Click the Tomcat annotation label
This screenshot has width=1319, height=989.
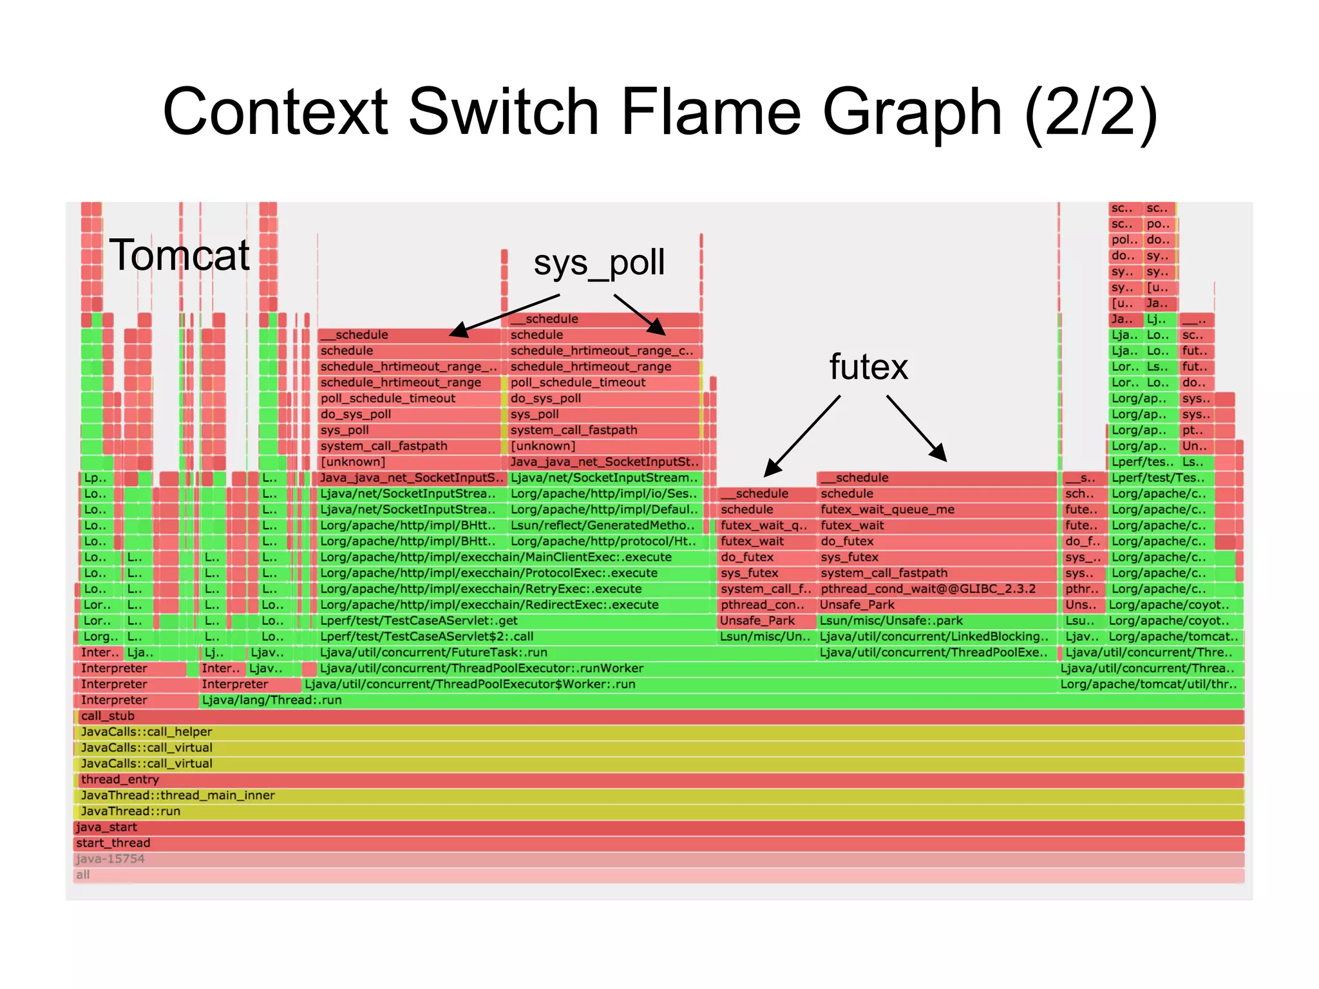pyautogui.click(x=179, y=256)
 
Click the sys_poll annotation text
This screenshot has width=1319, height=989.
pyautogui.click(x=598, y=263)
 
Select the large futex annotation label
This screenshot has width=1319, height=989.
pyautogui.click(x=868, y=367)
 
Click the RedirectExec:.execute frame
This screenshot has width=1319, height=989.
pyautogui.click(x=514, y=605)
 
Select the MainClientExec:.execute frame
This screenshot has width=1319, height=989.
pyautogui.click(x=514, y=558)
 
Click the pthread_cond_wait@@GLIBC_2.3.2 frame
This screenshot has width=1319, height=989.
pyautogui.click(x=936, y=589)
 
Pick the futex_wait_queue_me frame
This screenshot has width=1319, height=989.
pyautogui.click(x=936, y=510)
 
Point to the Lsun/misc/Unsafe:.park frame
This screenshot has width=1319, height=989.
pyautogui.click(x=936, y=621)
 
